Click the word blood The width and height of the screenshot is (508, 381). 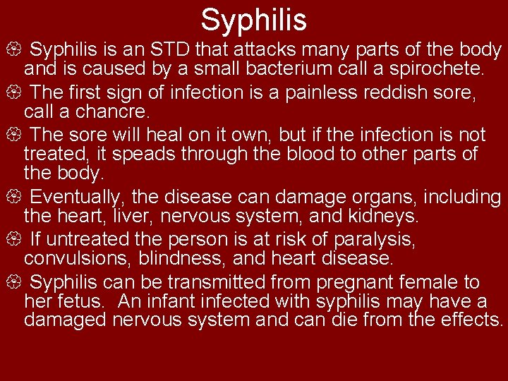tap(321, 154)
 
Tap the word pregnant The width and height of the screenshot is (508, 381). tap(362, 283)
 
